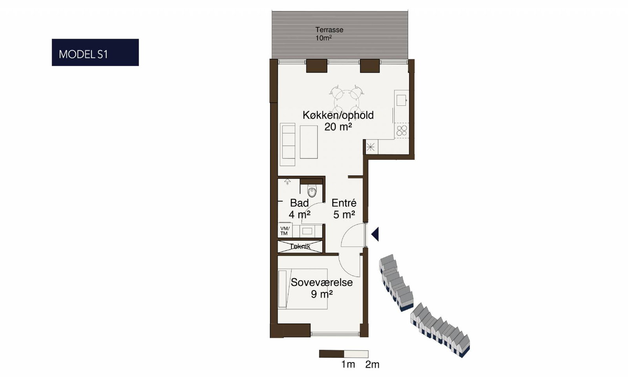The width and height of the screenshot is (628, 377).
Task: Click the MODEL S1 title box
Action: pos(95,53)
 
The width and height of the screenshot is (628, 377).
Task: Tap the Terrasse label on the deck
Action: pos(329,30)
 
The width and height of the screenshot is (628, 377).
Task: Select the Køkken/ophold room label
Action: pos(338,115)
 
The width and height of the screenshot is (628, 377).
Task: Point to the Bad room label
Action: pos(299,203)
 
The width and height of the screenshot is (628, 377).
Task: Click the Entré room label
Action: pos(344,203)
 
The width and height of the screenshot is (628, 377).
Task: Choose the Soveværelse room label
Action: pos(321,282)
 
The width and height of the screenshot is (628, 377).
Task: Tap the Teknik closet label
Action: pos(300,247)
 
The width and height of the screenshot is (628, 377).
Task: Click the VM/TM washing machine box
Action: pos(285,231)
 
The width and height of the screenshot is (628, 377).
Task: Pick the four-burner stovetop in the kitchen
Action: pos(402,131)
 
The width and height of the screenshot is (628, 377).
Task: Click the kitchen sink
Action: pos(401,100)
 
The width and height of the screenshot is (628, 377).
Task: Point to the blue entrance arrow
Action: pos(375,234)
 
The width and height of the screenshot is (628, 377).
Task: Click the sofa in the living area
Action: pos(288,145)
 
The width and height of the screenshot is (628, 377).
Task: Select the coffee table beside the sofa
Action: pos(309,142)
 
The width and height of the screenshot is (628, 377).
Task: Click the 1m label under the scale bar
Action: pos(348,364)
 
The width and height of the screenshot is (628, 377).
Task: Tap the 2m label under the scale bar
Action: pos(372,364)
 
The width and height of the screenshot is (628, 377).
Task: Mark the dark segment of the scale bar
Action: pos(332,354)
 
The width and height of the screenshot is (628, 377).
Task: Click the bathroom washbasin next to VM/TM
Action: pos(307,231)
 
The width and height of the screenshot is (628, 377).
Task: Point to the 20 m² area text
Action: pos(338,127)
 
